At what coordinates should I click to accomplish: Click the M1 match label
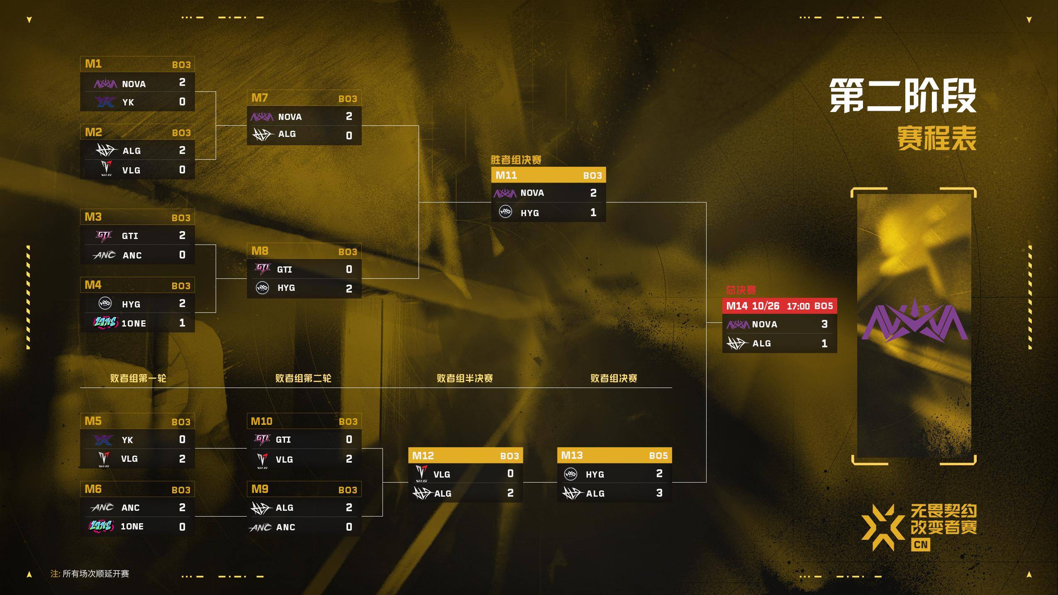(93, 64)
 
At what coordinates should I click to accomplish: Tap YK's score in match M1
(182, 102)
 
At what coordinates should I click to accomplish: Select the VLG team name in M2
(131, 170)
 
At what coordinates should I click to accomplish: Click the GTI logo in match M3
(104, 236)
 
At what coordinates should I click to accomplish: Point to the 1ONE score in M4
(182, 323)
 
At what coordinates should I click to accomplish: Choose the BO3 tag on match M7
(348, 99)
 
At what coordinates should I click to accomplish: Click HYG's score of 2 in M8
(349, 288)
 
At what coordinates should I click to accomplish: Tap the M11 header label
(506, 175)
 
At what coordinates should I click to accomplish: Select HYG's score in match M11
(593, 212)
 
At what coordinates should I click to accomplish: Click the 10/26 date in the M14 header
(765, 306)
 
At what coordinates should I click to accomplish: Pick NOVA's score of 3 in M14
(824, 324)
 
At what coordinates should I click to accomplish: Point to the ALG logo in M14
(737, 343)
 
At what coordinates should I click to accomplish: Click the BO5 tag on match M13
(658, 456)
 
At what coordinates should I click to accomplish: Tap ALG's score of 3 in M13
(659, 493)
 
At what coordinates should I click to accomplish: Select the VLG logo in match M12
(422, 473)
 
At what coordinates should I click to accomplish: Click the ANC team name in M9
(286, 527)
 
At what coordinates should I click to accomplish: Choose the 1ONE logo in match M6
(101, 526)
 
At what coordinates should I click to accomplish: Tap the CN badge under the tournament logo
(921, 544)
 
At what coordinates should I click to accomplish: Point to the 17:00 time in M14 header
(798, 306)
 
